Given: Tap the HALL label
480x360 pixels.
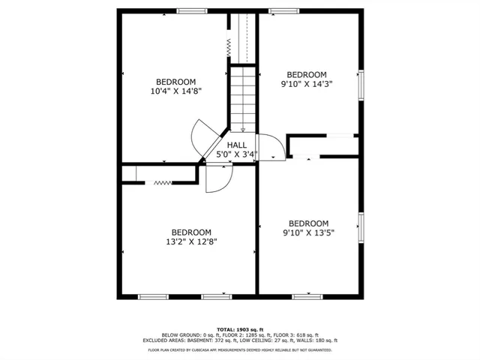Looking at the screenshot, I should [x=237, y=145].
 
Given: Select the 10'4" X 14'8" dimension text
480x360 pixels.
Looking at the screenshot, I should [x=176, y=91].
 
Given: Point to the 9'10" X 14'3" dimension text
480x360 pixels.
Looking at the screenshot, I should [x=307, y=84].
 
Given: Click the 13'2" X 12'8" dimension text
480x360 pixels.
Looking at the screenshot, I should [x=191, y=241].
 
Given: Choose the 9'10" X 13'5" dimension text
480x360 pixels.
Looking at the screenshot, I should [x=309, y=232].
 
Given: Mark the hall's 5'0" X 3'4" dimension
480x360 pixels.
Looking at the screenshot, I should [x=237, y=154].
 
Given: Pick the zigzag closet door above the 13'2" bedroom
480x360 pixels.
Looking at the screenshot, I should [x=163, y=182].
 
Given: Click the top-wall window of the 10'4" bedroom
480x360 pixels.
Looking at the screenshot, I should [x=191, y=10].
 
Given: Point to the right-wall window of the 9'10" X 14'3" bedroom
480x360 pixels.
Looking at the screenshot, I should [x=361, y=84].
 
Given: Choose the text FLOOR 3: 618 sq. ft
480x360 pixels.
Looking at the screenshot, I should [x=297, y=334].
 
